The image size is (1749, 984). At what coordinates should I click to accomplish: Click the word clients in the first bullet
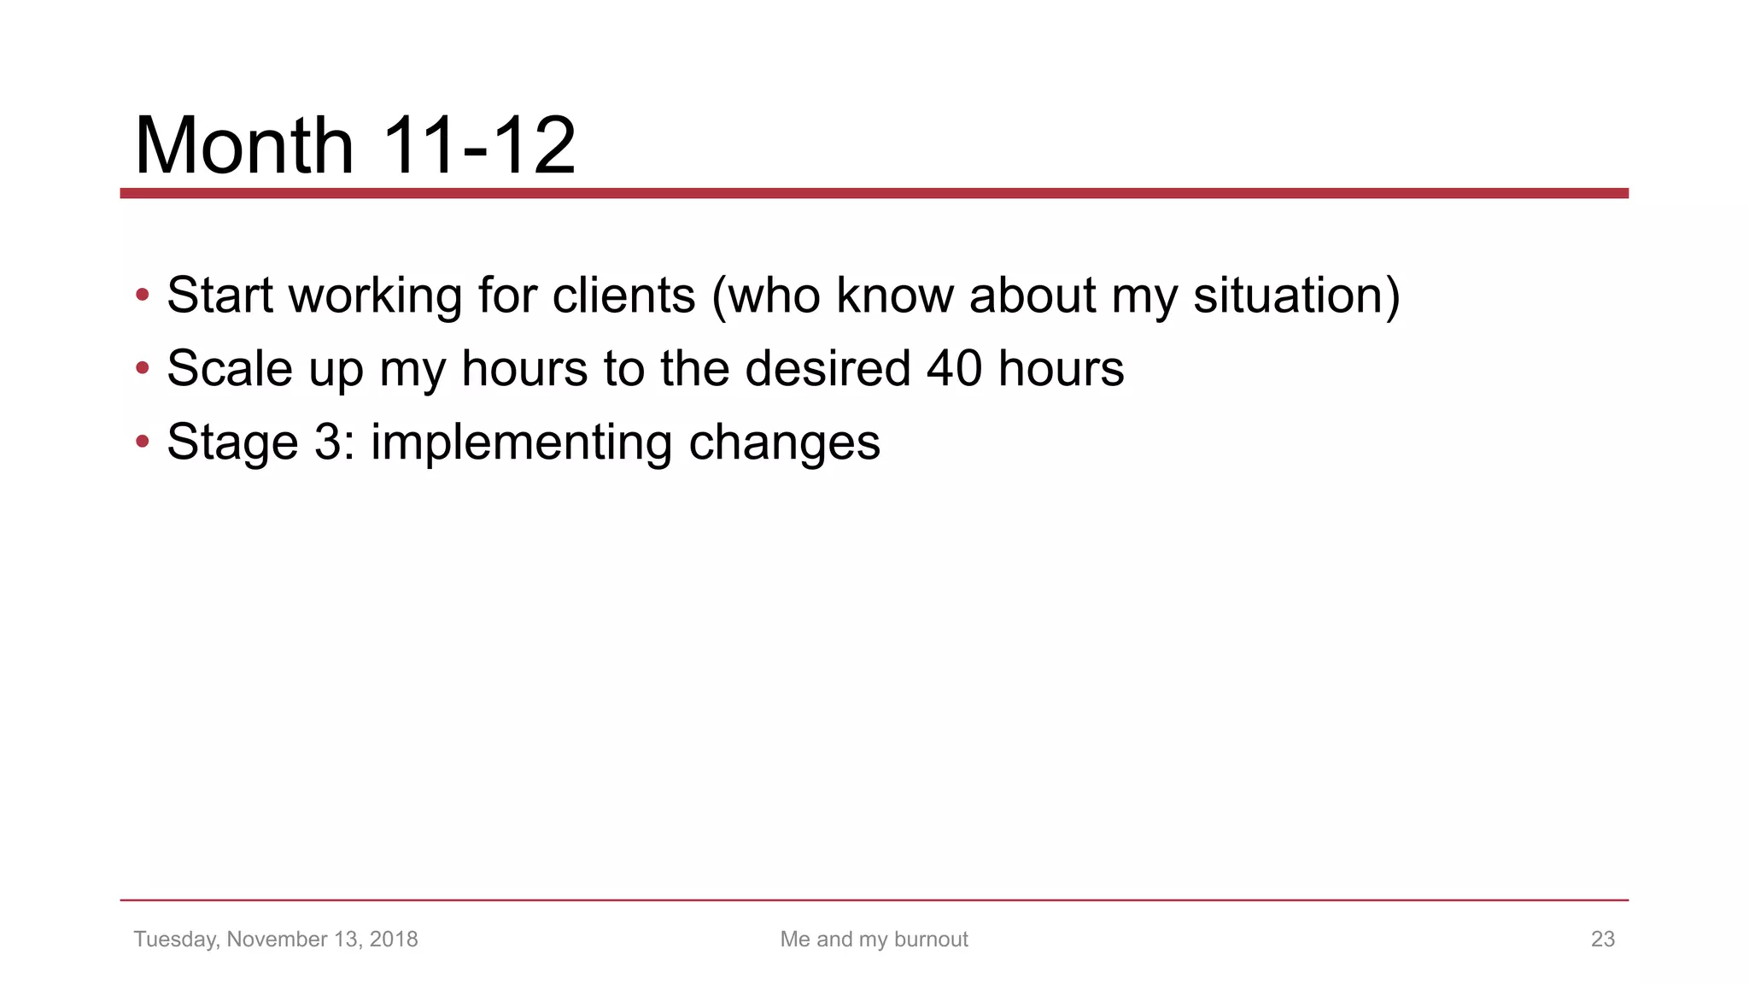(x=623, y=296)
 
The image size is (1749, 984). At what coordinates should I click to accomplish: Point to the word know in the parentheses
(x=895, y=296)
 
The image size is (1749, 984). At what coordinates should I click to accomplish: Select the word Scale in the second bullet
(x=229, y=369)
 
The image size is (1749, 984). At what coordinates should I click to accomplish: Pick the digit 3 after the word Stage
(x=328, y=442)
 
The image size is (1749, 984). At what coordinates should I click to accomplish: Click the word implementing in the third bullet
(x=521, y=442)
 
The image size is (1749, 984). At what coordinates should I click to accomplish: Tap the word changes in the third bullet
(x=784, y=442)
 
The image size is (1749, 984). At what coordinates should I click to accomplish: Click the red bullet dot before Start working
(x=143, y=296)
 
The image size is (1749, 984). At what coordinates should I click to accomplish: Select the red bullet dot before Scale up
(x=143, y=369)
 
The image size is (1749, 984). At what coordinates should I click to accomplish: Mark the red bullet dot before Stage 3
(x=143, y=442)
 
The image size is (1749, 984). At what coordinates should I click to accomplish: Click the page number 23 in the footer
(x=1602, y=940)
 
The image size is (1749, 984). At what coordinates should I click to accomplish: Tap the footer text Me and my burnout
(x=874, y=940)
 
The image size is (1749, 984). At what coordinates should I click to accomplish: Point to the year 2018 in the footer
(x=394, y=940)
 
